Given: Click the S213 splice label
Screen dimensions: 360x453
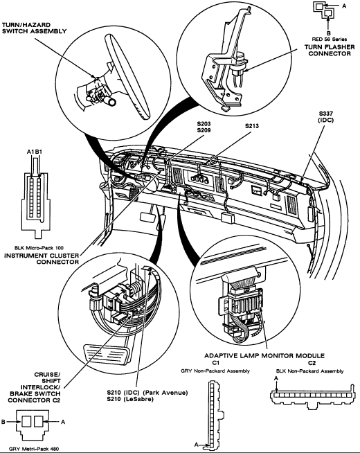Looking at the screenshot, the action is coord(252,126).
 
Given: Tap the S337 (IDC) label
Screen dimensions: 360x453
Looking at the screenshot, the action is coord(325,117).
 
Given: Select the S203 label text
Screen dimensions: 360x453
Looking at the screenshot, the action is coord(204,124).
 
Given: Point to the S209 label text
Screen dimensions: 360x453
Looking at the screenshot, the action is coord(204,130).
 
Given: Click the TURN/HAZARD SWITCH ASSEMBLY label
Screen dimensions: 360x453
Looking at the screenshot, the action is coord(35,28).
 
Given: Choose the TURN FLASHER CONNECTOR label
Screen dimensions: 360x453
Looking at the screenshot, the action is coord(330,51).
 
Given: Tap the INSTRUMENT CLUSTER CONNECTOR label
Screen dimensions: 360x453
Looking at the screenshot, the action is coord(42,259).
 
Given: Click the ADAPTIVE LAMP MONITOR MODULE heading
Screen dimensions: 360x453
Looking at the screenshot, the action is coord(264,355).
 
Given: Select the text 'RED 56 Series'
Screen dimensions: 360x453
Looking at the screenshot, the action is coord(330,39).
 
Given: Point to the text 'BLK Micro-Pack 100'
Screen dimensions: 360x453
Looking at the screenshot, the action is coord(39,248).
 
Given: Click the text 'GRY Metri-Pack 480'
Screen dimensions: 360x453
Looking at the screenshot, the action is coord(34,449).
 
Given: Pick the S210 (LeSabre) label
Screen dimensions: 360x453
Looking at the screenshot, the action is coord(130,399).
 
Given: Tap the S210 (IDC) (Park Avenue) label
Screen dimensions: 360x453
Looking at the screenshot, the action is coord(147,393).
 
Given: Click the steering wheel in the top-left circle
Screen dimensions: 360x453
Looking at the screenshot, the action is coord(127,77).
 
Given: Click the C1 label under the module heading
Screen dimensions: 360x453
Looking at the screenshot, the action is coord(215,363).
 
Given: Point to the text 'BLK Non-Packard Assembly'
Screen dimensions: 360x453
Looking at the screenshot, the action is coord(309,371).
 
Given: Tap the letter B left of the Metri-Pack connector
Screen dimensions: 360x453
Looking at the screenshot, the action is coord(3,422).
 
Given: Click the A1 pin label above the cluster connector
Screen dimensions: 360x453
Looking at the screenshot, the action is coord(30,152).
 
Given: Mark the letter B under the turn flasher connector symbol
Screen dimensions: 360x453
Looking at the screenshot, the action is coord(329,33).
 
